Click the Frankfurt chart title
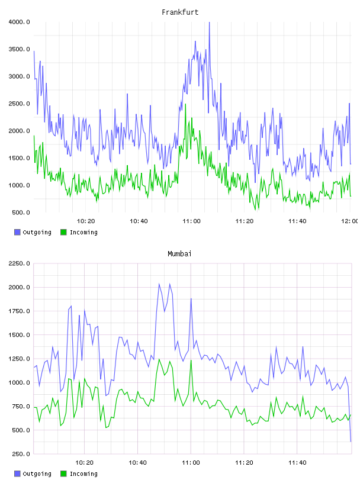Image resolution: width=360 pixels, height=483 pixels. tap(180, 12)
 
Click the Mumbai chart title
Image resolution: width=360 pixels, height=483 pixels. tap(179, 254)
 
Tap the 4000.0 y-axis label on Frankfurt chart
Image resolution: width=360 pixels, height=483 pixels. tap(19, 22)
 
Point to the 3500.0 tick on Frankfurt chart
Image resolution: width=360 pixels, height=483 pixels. tap(19, 49)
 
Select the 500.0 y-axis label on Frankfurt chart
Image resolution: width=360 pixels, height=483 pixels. tap(21, 212)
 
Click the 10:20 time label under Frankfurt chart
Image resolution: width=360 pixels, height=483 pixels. tap(86, 221)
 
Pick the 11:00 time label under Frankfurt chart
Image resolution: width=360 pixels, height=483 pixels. tap(191, 221)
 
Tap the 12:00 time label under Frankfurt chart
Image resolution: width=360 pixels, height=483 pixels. tap(349, 221)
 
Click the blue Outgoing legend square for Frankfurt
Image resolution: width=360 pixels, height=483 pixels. tap(17, 232)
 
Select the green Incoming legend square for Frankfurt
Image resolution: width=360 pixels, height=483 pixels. tap(63, 232)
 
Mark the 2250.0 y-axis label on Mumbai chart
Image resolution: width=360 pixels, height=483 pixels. tap(19, 263)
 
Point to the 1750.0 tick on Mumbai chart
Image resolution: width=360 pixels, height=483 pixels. tap(19, 311)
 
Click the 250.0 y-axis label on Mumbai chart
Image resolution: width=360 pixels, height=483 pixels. tap(21, 454)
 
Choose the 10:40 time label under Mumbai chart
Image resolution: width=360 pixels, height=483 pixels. tap(137, 463)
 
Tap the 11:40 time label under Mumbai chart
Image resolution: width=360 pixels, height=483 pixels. tap(297, 463)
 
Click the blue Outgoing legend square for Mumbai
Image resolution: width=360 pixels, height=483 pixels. tap(17, 474)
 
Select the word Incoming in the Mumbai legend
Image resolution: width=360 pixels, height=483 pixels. tap(83, 474)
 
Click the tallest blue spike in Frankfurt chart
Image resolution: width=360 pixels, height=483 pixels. tap(209, 22)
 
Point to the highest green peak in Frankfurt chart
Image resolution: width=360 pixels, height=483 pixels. tap(185, 104)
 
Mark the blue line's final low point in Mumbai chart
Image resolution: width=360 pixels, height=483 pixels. tap(351, 442)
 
